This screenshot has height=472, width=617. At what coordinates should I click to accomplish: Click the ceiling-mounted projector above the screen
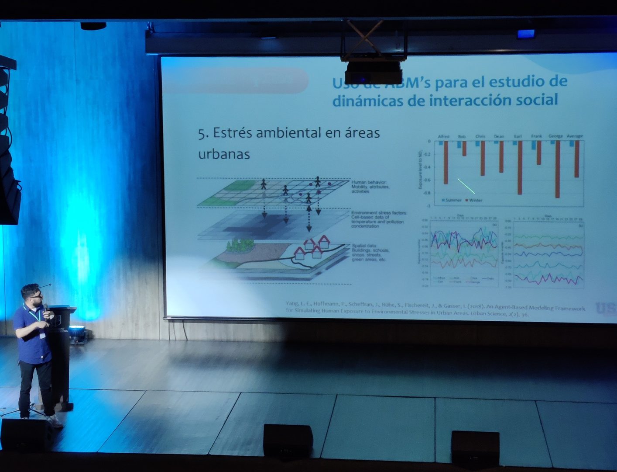374,72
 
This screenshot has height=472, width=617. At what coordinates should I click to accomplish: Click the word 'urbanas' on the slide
224,154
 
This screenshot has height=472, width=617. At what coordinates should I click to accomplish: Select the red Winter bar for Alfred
446,162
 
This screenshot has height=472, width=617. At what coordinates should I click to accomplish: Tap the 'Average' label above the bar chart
575,136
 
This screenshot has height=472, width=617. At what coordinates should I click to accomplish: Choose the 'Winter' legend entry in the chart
475,200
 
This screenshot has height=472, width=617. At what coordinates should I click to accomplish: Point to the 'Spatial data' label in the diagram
364,246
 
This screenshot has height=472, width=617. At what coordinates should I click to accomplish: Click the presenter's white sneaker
55,421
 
